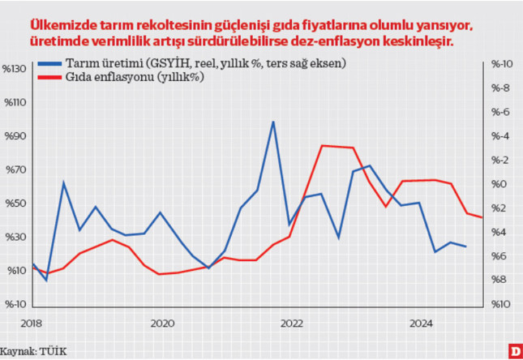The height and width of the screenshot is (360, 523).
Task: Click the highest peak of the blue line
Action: click(273, 122)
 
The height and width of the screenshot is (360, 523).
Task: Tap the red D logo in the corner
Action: click(513, 350)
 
